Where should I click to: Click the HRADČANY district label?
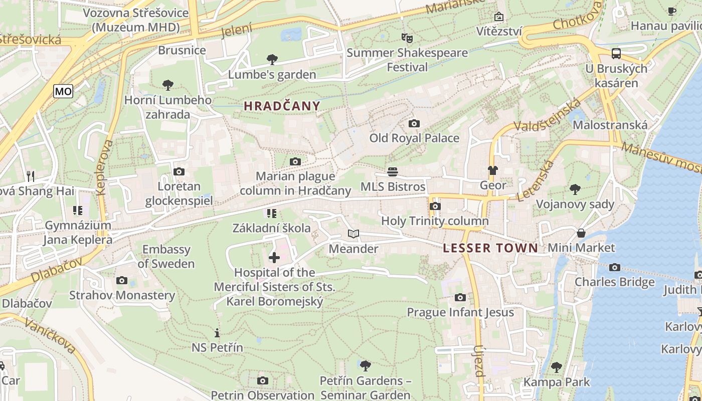[282, 106]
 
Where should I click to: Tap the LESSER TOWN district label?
[490, 248]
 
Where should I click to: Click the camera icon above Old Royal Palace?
[414, 123]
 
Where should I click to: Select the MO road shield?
[63, 91]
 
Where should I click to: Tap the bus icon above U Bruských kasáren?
[616, 54]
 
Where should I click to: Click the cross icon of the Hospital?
[274, 258]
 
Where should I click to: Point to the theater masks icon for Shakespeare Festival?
[407, 38]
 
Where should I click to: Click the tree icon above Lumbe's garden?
[272, 60]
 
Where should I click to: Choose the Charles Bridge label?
[614, 282]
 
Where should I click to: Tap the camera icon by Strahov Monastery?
[122, 281]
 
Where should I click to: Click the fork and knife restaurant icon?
[31, 176]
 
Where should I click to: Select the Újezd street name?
[479, 361]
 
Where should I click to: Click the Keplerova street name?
[103, 167]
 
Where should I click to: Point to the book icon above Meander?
[354, 234]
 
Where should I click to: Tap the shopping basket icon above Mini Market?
[581, 233]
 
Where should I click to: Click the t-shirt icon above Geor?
[493, 170]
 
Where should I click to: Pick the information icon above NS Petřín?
[217, 333]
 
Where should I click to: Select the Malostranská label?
[610, 125]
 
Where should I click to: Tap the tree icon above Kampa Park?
[557, 367]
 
